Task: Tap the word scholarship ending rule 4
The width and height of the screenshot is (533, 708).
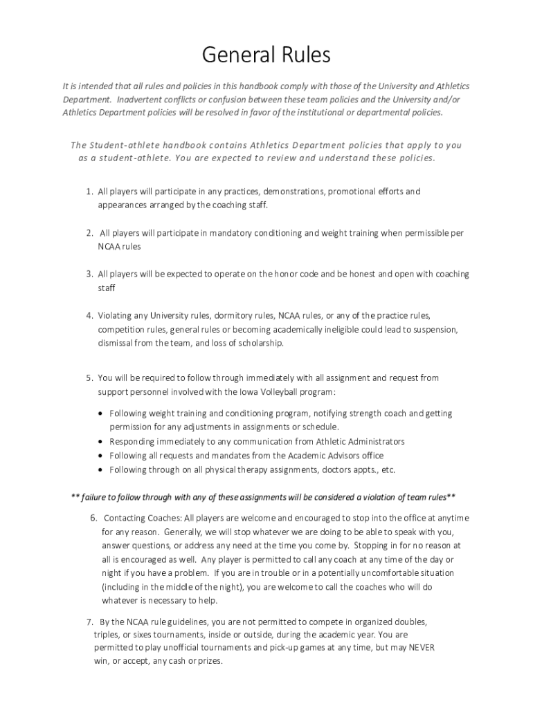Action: point(259,343)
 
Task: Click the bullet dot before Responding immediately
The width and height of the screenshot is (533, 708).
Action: point(102,442)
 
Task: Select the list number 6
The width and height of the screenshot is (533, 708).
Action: point(93,518)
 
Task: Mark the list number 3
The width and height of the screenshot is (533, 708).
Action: point(89,274)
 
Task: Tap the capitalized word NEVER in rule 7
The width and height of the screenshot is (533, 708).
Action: point(421,647)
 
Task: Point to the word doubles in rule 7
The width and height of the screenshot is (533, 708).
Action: point(410,621)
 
